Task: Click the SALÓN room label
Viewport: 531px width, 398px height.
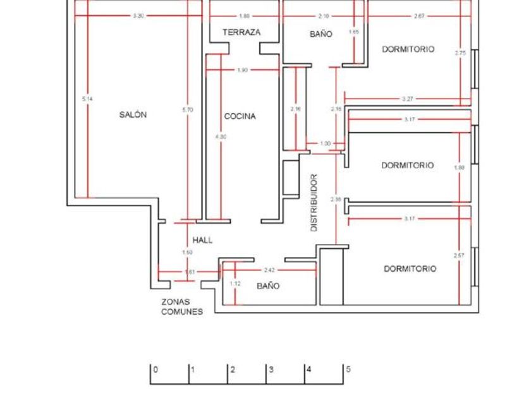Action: [133, 115]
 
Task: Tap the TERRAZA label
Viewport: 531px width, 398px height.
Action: [241, 32]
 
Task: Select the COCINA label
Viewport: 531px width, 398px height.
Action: [240, 116]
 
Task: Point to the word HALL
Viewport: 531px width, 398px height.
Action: [202, 240]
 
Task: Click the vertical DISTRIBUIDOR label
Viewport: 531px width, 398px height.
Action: [314, 203]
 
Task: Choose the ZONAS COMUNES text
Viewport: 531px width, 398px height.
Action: [182, 306]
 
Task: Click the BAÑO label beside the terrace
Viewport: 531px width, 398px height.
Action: [320, 35]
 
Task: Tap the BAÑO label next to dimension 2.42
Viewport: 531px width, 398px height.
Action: [268, 286]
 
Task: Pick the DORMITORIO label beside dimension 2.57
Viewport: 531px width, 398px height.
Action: [410, 268]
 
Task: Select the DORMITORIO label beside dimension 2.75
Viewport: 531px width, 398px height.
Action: [408, 49]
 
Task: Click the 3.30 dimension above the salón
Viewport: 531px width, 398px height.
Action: [138, 15]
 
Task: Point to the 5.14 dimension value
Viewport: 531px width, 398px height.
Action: [87, 99]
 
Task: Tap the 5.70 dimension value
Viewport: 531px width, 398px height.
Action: [187, 110]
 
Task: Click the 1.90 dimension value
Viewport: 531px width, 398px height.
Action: [242, 70]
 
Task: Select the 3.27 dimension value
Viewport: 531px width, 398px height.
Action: [408, 99]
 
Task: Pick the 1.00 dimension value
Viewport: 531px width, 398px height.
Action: [325, 143]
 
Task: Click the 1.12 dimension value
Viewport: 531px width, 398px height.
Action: [235, 284]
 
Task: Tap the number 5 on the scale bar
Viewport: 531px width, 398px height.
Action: [348, 370]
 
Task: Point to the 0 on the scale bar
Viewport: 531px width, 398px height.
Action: [156, 370]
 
